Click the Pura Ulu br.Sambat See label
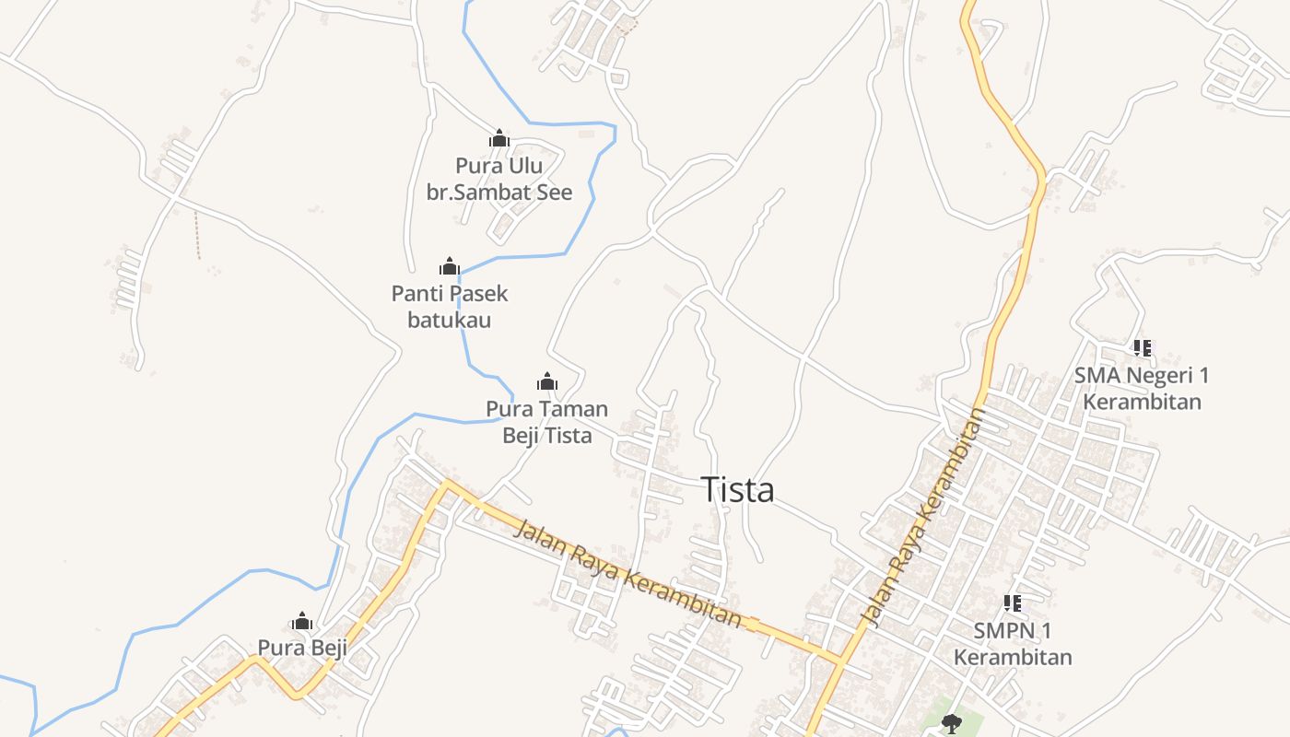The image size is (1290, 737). [x=498, y=179]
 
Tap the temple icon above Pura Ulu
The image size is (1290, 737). [x=499, y=139]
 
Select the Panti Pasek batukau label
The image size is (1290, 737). [x=450, y=307]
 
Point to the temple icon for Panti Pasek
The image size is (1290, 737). [x=450, y=267]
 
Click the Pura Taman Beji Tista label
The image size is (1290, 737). [x=547, y=421]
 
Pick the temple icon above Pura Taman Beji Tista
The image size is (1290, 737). [x=547, y=381]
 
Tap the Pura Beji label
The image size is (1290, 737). [x=302, y=648]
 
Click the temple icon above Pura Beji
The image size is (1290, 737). [x=302, y=621]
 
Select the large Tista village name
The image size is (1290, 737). [x=737, y=490]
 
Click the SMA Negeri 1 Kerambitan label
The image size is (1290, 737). [x=1142, y=388]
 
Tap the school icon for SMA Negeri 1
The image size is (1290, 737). [x=1143, y=348]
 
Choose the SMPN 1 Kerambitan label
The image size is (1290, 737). [x=1013, y=643]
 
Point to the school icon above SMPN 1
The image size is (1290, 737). [x=1013, y=603]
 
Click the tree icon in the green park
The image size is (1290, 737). [x=951, y=722]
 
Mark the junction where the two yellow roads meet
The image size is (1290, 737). [x=840, y=660]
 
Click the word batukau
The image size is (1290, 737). [x=450, y=320]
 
